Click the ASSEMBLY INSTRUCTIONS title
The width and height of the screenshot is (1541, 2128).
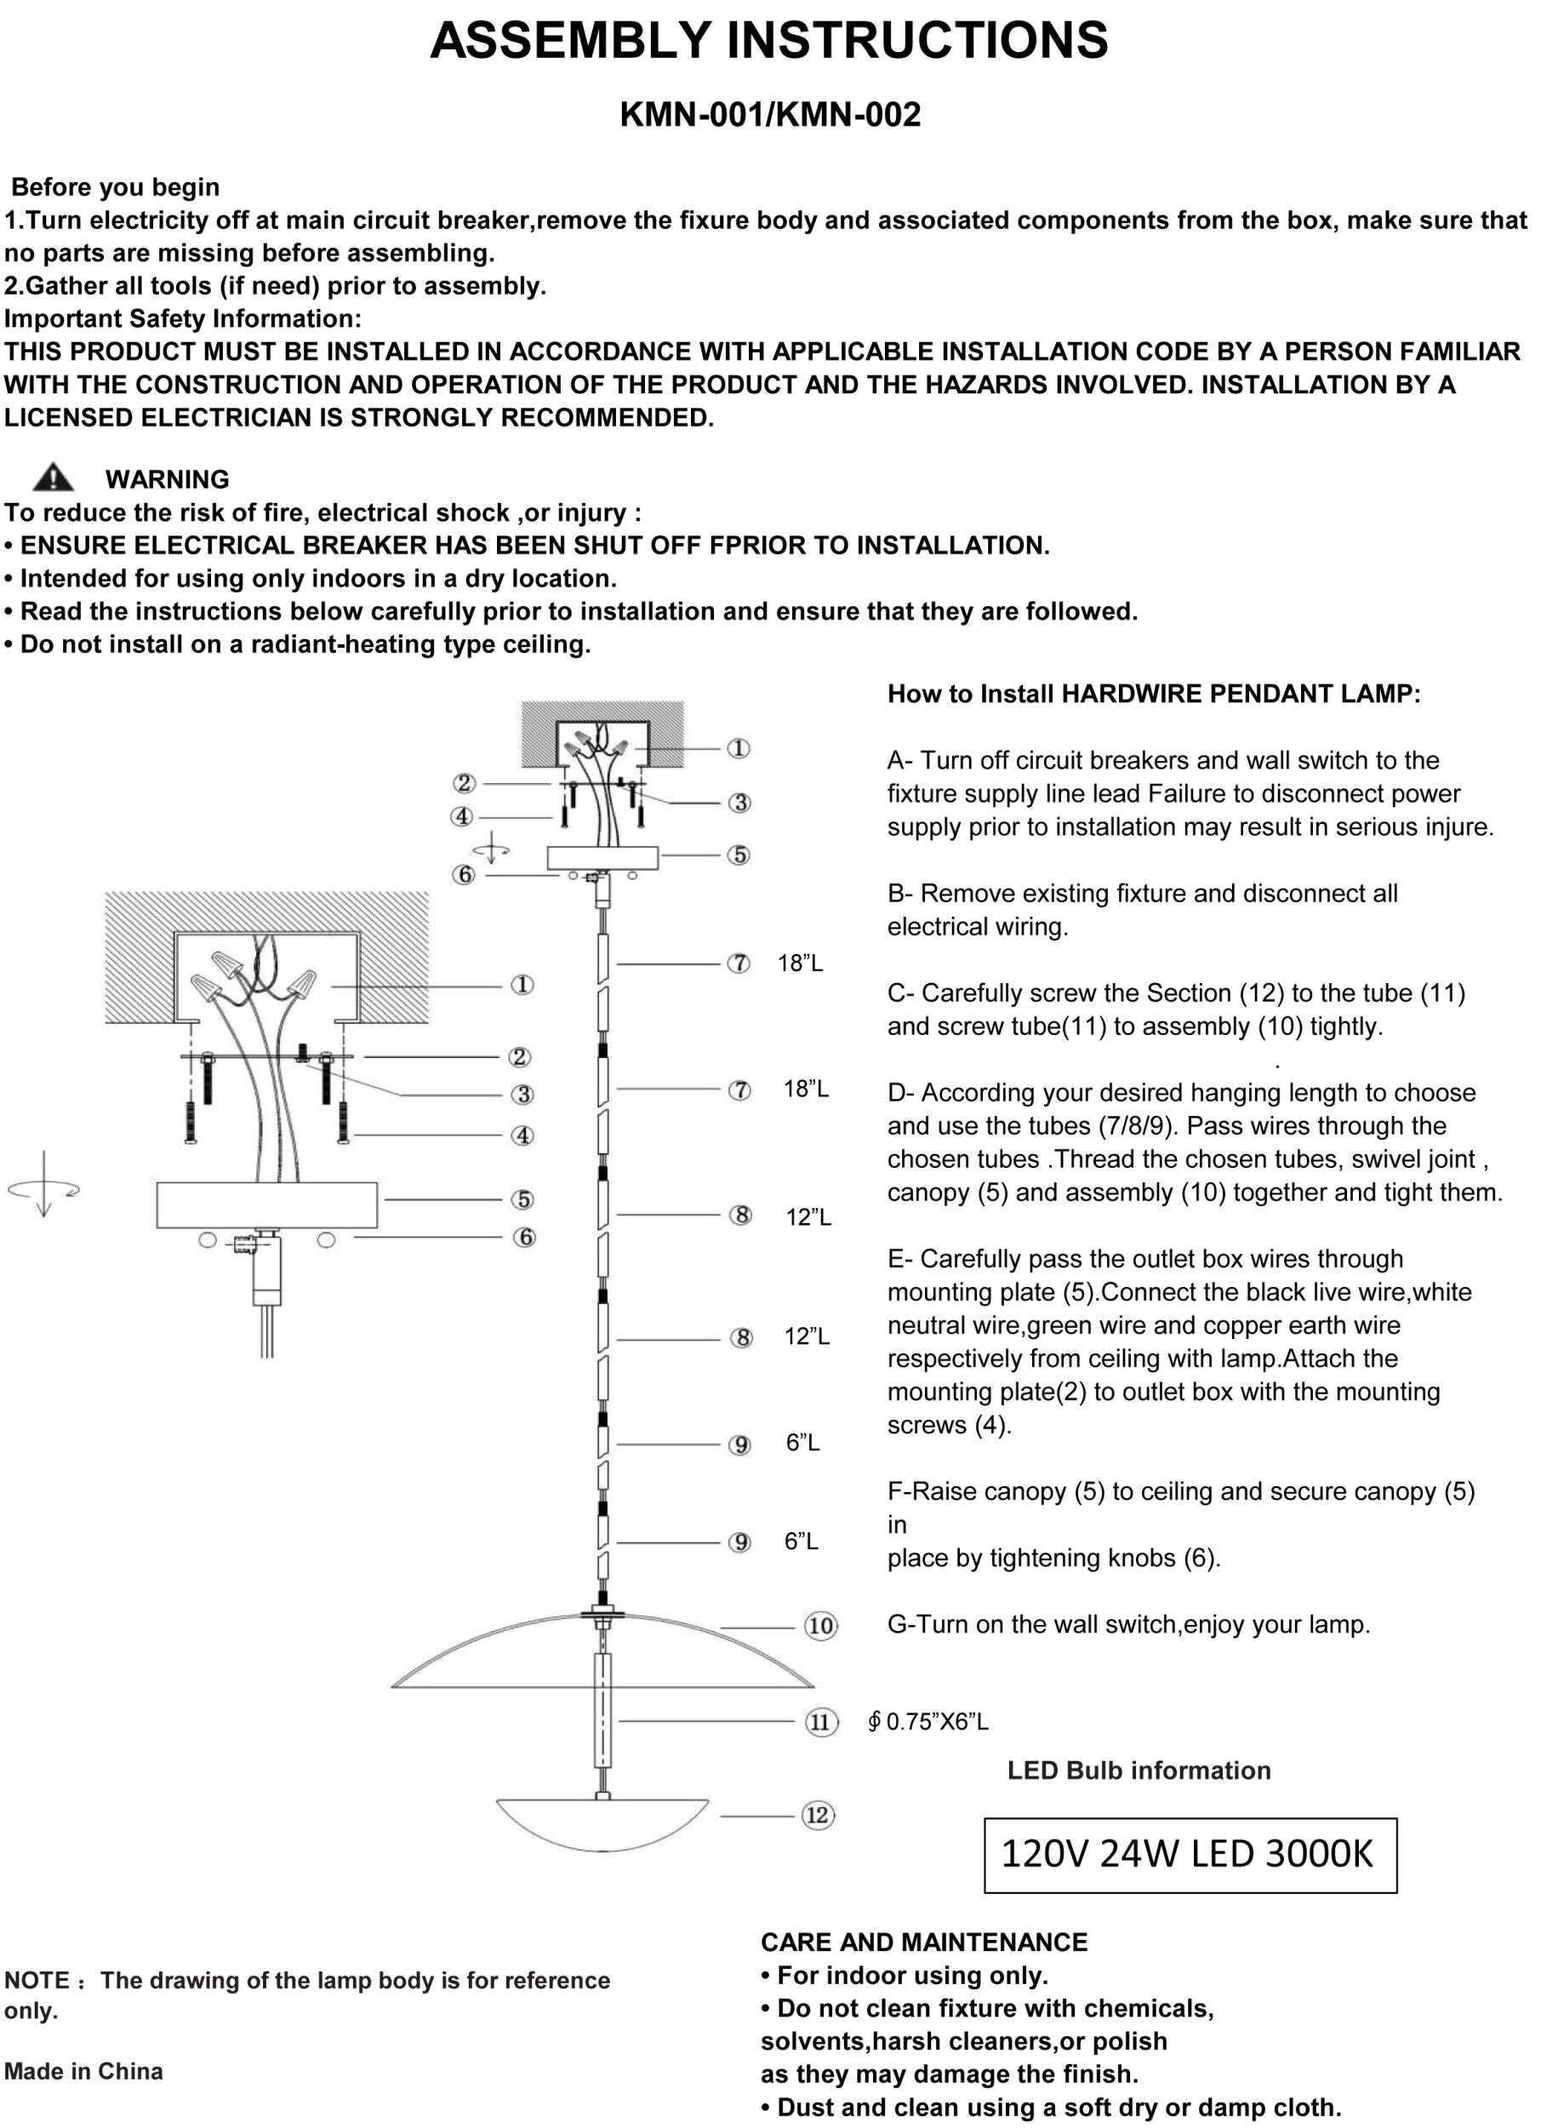click(769, 40)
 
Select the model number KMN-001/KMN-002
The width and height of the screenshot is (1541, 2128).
click(770, 114)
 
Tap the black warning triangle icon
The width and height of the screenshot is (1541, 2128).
click(53, 478)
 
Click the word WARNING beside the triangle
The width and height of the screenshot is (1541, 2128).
click(167, 479)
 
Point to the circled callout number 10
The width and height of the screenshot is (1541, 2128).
click(820, 1626)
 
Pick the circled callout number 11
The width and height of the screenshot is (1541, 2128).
click(820, 1722)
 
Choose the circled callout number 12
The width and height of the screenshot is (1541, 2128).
click(818, 1816)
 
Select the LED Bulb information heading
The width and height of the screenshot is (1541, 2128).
click(1139, 1770)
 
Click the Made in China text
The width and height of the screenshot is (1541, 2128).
click(83, 2071)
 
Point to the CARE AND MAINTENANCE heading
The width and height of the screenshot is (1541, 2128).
click(924, 1942)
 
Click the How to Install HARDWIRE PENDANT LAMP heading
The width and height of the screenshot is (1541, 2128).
click(1154, 694)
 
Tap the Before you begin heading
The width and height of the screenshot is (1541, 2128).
click(116, 186)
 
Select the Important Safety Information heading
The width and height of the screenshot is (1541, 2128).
click(183, 318)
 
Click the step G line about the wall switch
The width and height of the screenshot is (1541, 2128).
click(1128, 1624)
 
